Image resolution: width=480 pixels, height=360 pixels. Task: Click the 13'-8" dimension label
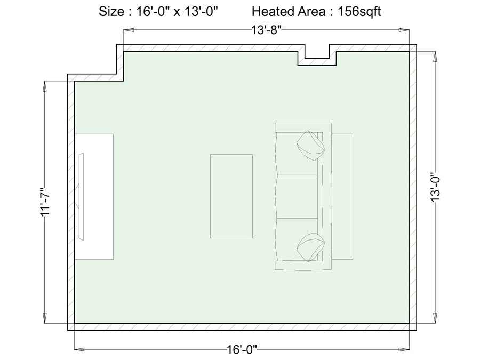(x=266, y=30)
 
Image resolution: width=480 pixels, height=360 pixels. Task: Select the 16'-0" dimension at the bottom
(x=242, y=349)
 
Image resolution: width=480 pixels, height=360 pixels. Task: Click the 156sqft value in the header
(x=359, y=12)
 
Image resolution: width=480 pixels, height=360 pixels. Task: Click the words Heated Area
(x=289, y=12)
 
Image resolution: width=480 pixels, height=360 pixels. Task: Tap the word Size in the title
(x=111, y=12)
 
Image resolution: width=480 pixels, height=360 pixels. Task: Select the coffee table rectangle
(x=231, y=196)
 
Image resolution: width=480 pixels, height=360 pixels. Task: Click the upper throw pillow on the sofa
(x=310, y=146)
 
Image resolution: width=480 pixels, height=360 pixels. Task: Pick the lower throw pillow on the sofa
(x=311, y=247)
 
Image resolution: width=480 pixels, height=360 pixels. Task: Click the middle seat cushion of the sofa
(x=297, y=197)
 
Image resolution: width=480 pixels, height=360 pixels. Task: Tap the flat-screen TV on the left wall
(x=81, y=196)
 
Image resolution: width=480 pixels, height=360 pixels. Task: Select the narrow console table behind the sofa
(x=342, y=196)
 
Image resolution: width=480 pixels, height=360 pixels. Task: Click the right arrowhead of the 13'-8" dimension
(x=404, y=30)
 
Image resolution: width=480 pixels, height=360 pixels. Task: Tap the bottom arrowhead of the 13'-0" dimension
(x=435, y=317)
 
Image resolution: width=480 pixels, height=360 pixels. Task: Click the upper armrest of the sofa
(x=303, y=127)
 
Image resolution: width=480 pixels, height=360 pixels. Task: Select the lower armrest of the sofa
(x=303, y=265)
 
